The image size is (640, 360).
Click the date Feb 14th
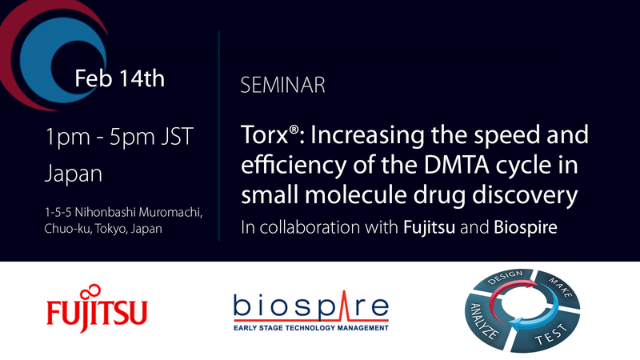[119, 78]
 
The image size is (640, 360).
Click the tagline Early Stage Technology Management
[311, 326]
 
